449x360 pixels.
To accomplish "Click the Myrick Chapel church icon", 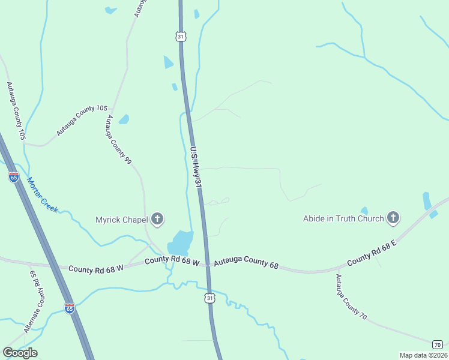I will pos(157,219).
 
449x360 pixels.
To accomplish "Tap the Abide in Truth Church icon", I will pos(393,218).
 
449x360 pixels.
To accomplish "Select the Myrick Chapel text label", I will pos(122,220).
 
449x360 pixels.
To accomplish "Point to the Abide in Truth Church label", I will pos(343,218).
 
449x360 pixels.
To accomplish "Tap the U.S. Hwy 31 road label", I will pos(196,170).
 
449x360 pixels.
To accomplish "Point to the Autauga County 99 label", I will pos(119,140).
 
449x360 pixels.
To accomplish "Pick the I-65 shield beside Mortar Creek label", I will pos(14,177).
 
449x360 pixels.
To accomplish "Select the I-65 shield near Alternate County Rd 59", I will pos(70,308).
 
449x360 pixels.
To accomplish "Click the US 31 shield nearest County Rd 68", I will pos(209,298).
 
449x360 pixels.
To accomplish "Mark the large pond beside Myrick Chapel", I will pos(181,242).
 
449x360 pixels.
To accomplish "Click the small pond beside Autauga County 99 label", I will pos(124,119).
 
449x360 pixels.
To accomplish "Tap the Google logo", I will pos(20,353).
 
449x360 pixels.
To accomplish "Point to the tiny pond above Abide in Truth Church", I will pos(364,211).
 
